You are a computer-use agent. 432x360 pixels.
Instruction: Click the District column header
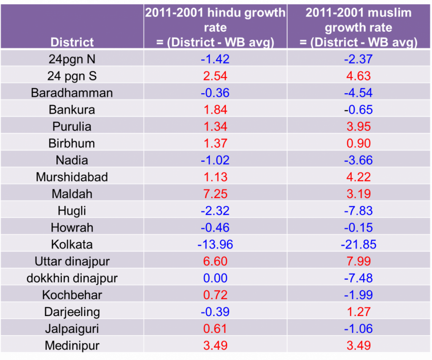point(72,42)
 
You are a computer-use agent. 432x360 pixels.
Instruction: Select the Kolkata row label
point(72,244)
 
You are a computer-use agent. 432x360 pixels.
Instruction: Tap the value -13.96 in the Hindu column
point(215,244)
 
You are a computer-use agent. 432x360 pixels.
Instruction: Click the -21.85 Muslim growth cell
point(358,244)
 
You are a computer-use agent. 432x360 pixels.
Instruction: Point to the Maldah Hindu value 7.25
point(215,194)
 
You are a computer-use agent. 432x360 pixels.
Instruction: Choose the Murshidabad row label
point(72,177)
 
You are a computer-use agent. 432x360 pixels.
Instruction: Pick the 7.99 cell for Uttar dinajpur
point(358,261)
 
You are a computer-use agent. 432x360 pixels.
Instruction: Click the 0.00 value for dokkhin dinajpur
point(215,278)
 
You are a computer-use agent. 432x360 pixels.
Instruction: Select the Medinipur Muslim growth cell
point(358,346)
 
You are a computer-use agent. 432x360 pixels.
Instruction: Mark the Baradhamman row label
point(72,93)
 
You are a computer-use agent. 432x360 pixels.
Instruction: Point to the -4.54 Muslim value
point(358,93)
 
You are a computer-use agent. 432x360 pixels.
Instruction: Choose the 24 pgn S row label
point(72,76)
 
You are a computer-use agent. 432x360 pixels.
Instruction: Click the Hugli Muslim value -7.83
point(358,211)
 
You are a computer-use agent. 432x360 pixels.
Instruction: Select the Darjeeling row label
point(72,312)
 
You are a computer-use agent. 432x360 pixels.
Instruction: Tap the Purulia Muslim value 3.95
point(358,126)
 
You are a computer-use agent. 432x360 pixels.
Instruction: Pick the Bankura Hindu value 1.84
point(215,110)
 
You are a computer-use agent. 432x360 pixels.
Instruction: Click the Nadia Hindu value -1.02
point(215,160)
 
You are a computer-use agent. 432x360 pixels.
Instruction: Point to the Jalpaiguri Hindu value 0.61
point(215,329)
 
